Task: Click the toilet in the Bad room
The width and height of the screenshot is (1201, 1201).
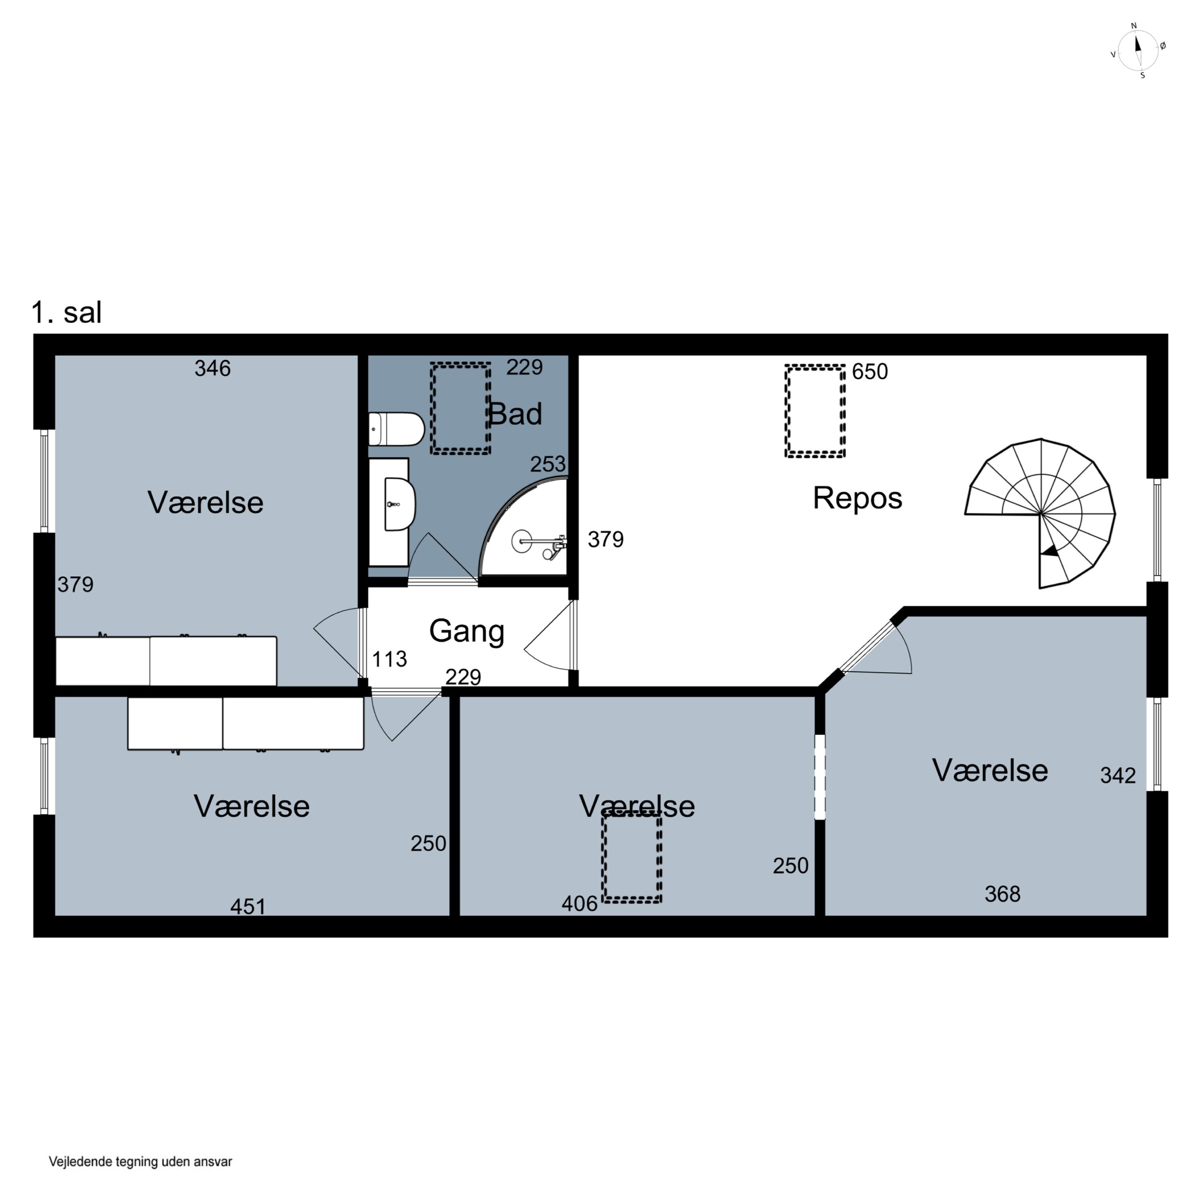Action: coord(396,429)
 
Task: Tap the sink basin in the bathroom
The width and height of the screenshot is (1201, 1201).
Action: coord(400,504)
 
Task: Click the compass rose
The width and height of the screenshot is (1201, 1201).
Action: coord(1138,50)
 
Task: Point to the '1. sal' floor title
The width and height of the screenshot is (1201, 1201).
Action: coord(66,312)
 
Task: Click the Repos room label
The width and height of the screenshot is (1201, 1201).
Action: coord(857,498)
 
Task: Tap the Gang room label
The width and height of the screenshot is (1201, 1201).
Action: coord(467,632)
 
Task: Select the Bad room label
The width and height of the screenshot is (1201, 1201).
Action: coord(515,414)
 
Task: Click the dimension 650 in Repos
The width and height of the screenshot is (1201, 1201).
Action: coord(870,372)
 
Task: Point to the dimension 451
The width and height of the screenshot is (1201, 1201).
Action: coord(248,907)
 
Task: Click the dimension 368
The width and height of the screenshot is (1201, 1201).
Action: coord(1003,894)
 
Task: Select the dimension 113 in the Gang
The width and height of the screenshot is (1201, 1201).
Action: coord(389,659)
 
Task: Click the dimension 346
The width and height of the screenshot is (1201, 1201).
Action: coord(213,369)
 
